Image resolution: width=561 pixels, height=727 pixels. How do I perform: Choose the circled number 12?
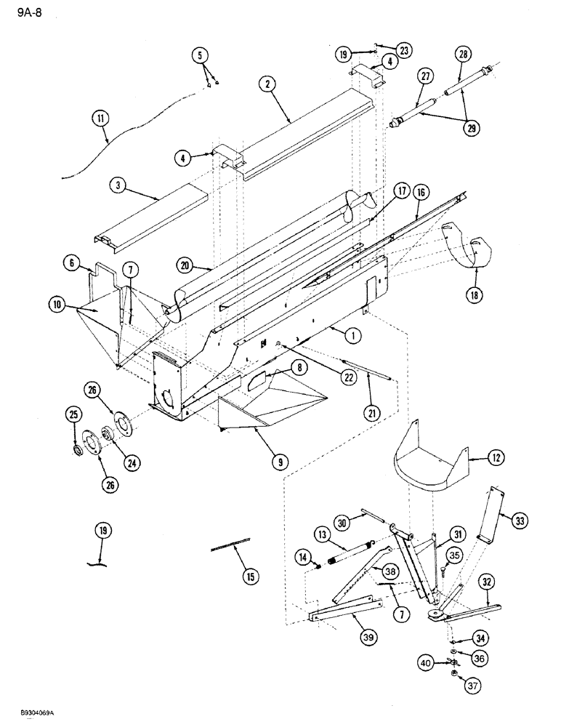tap(477, 459)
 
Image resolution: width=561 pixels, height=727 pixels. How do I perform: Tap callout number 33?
tap(521, 521)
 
